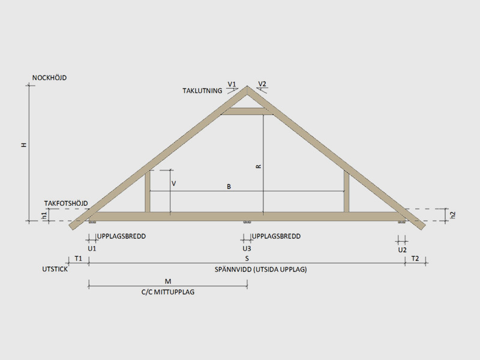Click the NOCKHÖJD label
click(49, 78)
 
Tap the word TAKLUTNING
click(202, 91)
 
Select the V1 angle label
click(232, 84)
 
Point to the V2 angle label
click(262, 84)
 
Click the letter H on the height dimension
click(24, 145)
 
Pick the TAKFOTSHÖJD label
click(66, 203)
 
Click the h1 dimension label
click(44, 216)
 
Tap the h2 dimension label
click(453, 215)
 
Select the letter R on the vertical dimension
click(259, 166)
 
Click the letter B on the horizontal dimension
click(229, 187)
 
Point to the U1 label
click(92, 248)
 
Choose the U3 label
click(247, 248)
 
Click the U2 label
click(402, 250)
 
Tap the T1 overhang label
click(79, 259)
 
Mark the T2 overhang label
click(415, 259)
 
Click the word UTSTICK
click(55, 269)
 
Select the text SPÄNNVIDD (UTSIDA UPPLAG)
click(260, 269)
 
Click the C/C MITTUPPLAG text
click(168, 292)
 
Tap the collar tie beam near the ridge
click(247, 112)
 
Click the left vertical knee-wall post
click(148, 191)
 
